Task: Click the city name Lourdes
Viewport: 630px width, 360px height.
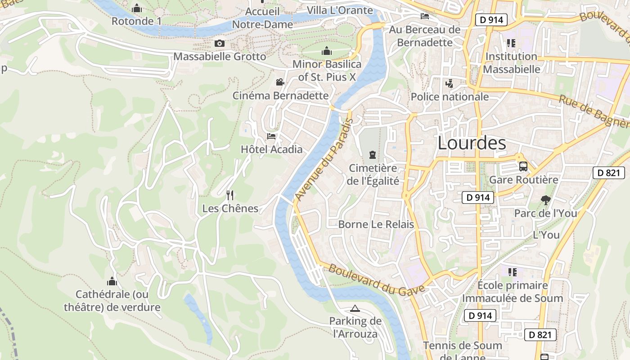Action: click(472, 143)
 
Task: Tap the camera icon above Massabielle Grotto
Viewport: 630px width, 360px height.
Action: click(219, 43)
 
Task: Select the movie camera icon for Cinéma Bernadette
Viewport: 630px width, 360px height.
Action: click(280, 82)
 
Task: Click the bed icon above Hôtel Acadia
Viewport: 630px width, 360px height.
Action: click(271, 136)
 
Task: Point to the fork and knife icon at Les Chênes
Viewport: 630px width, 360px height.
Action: click(230, 195)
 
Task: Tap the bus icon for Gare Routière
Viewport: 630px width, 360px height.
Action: click(523, 166)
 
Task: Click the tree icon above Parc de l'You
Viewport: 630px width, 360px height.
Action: click(545, 200)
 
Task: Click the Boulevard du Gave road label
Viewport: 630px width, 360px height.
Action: click(376, 279)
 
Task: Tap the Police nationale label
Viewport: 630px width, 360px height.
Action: click(450, 97)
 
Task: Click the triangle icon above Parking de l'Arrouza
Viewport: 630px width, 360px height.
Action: click(355, 308)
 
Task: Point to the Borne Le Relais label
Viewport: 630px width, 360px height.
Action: click(376, 224)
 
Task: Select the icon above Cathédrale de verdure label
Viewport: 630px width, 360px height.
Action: click(112, 282)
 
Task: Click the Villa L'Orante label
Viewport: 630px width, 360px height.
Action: click(340, 10)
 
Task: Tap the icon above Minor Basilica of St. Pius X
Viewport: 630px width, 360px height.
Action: click(327, 51)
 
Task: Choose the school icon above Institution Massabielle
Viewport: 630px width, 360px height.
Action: click(511, 43)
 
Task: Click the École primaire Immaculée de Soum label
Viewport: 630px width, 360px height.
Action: click(513, 292)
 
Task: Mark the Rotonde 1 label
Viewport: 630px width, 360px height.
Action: click(136, 21)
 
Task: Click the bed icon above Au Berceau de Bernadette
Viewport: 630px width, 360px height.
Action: click(424, 16)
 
